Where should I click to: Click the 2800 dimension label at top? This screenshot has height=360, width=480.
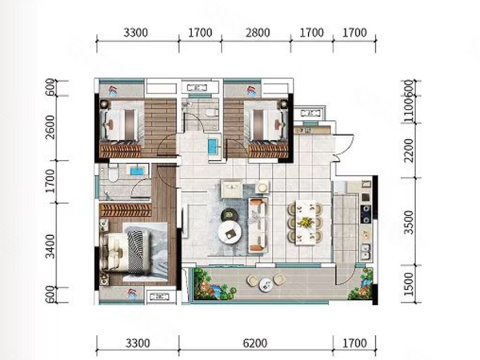pyautogui.click(x=258, y=33)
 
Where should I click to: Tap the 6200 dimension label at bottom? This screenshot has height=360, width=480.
pyautogui.click(x=255, y=343)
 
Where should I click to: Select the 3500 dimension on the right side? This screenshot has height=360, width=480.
pyautogui.click(x=408, y=222)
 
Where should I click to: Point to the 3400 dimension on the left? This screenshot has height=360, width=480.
pyautogui.click(x=50, y=246)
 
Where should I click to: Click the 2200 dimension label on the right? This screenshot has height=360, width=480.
pyautogui.click(x=408, y=150)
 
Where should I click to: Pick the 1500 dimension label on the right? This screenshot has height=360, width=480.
pyautogui.click(x=408, y=284)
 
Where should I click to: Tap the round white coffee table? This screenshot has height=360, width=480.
pyautogui.click(x=230, y=232)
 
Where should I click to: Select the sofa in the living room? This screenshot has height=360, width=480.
pyautogui.click(x=258, y=225)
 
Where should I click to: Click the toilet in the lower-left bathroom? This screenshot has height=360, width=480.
pyautogui.click(x=113, y=174)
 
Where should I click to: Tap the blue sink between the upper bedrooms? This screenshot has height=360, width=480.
pyautogui.click(x=213, y=146)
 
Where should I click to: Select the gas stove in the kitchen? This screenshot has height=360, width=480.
pyautogui.click(x=366, y=214)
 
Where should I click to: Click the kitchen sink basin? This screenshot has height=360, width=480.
pyautogui.click(x=366, y=251)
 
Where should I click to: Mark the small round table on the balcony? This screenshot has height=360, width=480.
pyautogui.click(x=266, y=284)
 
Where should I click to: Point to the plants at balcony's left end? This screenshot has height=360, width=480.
pyautogui.click(x=214, y=284)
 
